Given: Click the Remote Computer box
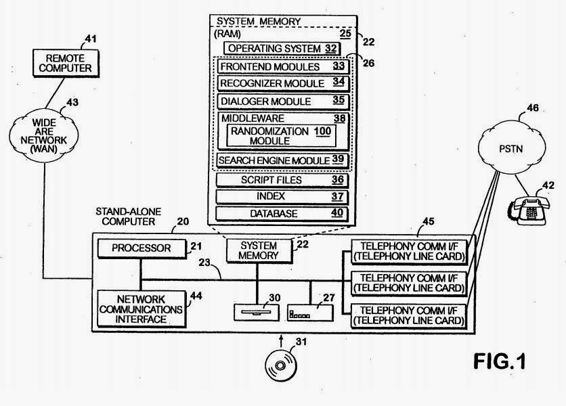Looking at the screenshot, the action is (x=66, y=63).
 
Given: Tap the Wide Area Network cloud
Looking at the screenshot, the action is (x=44, y=135).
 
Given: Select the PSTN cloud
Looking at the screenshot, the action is (x=511, y=148).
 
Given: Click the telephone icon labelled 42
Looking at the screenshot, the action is (x=528, y=210).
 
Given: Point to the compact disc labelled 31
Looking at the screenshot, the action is (x=281, y=365).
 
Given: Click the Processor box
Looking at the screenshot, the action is (x=142, y=248).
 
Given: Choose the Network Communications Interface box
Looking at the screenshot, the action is (x=141, y=309).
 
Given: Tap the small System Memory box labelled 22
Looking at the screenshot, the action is (x=259, y=250).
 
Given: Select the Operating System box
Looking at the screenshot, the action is (x=282, y=48).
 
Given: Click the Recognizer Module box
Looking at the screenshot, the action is (x=283, y=83).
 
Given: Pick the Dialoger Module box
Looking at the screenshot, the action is (x=283, y=101).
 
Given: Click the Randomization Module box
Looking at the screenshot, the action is (x=281, y=136).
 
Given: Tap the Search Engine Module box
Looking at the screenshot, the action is (x=282, y=160).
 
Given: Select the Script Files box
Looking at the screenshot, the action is (x=282, y=180).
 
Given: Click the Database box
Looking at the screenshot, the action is (x=282, y=213).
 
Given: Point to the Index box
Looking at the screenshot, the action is (x=282, y=197).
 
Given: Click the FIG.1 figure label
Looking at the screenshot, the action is (x=500, y=361).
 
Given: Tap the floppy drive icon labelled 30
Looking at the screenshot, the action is (x=257, y=313).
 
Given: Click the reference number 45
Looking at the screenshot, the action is (x=428, y=221).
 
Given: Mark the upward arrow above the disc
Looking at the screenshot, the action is (x=281, y=341).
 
